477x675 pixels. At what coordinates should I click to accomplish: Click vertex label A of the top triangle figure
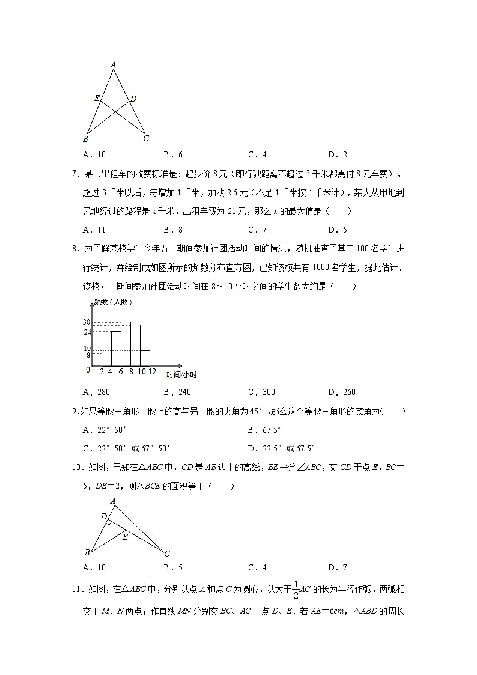point(113,64)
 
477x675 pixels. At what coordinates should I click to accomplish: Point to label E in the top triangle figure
point(97,98)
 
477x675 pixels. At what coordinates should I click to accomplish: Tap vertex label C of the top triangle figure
point(145,139)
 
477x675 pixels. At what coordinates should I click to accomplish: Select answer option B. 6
point(172,154)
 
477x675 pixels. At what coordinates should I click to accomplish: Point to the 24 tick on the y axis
point(87,332)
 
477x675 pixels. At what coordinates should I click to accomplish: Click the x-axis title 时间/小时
point(182,375)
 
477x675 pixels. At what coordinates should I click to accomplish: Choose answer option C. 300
point(261,392)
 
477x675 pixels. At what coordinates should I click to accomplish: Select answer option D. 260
point(342,392)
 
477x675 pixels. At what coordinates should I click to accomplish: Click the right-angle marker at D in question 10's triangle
point(108,522)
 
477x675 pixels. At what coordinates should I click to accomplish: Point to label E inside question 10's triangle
point(125,537)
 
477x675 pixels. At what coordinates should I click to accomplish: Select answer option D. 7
point(338,567)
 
